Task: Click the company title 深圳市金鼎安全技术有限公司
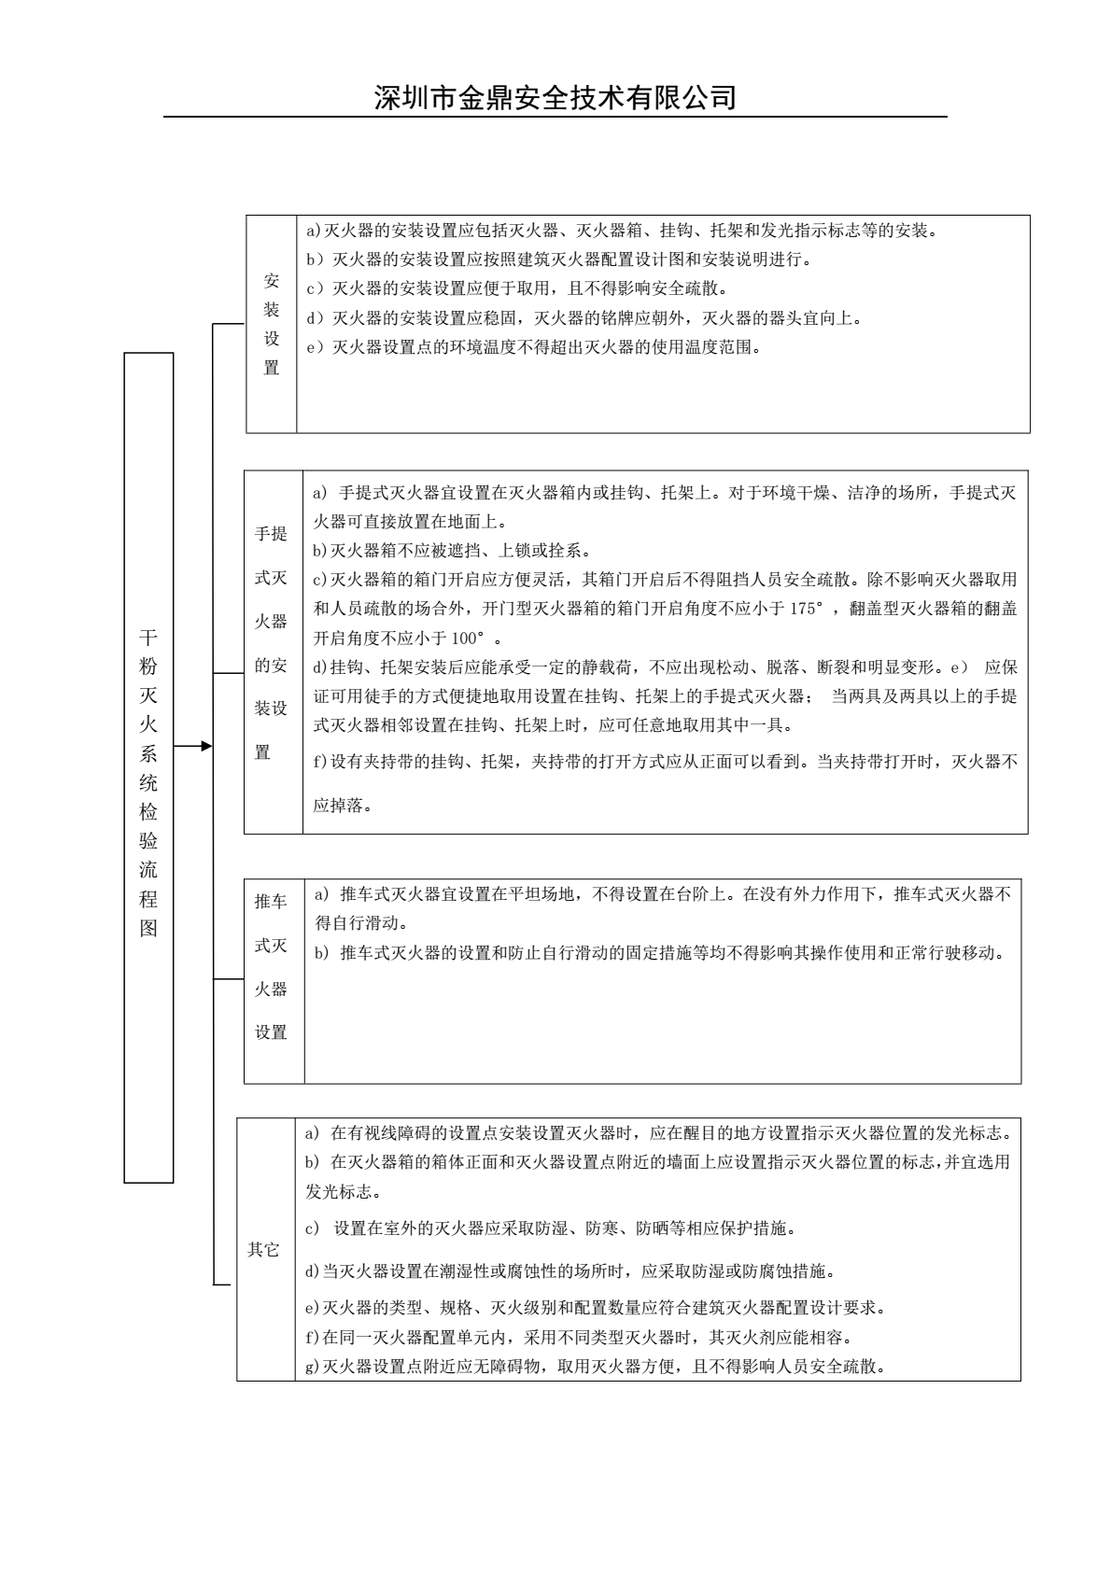[x=555, y=97]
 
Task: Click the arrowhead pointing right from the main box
[x=206, y=745]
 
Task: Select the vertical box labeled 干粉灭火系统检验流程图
[x=148, y=767]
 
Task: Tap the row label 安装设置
[x=272, y=324]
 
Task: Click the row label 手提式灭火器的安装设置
[x=272, y=643]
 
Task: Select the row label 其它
[x=263, y=1250]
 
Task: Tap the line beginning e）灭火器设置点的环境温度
[x=534, y=348]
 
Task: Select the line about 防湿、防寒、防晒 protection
[x=551, y=1228]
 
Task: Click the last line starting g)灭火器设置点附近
[x=595, y=1368]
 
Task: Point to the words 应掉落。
[x=343, y=805]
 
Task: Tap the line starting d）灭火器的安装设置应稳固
[x=584, y=318]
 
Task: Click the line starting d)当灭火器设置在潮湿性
[x=570, y=1271]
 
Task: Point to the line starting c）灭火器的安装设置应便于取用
[x=517, y=288]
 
